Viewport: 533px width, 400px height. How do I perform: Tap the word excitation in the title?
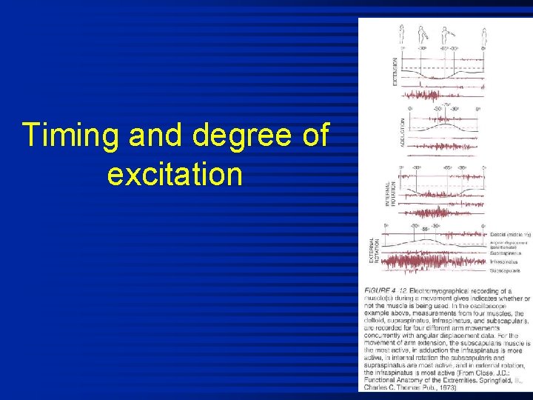175,175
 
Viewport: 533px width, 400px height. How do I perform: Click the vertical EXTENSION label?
395,71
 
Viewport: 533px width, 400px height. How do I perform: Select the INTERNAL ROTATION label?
389,194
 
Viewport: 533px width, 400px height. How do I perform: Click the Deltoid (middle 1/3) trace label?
510,235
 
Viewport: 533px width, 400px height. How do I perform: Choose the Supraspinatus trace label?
507,252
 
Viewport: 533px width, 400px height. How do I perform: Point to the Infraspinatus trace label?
506,261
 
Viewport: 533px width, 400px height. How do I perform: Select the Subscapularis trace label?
507,270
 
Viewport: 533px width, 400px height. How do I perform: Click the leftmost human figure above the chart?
402,33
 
